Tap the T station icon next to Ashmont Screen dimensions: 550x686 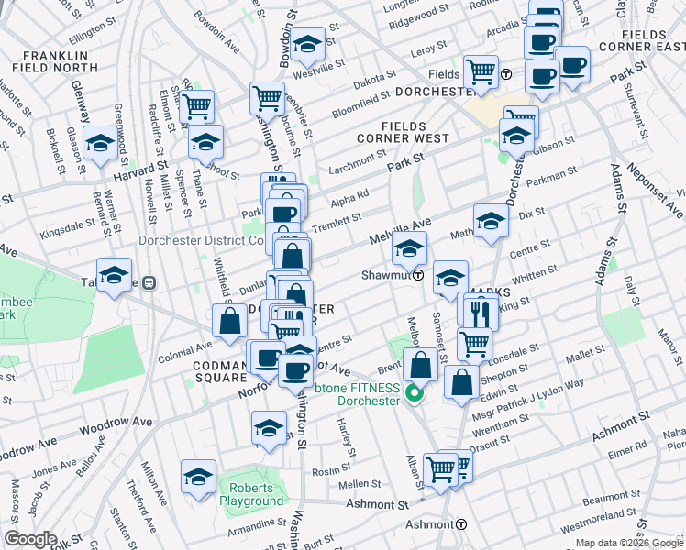[x=461, y=525]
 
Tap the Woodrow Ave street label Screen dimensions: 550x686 [x=115, y=422]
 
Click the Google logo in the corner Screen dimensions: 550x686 [x=30, y=539]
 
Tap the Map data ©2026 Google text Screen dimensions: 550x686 [x=629, y=544]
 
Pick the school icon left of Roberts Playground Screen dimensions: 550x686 [x=198, y=477]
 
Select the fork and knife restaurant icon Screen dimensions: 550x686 [x=481, y=313]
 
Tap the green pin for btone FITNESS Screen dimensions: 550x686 [x=413, y=395]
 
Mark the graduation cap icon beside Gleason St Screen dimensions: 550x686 [x=100, y=142]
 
